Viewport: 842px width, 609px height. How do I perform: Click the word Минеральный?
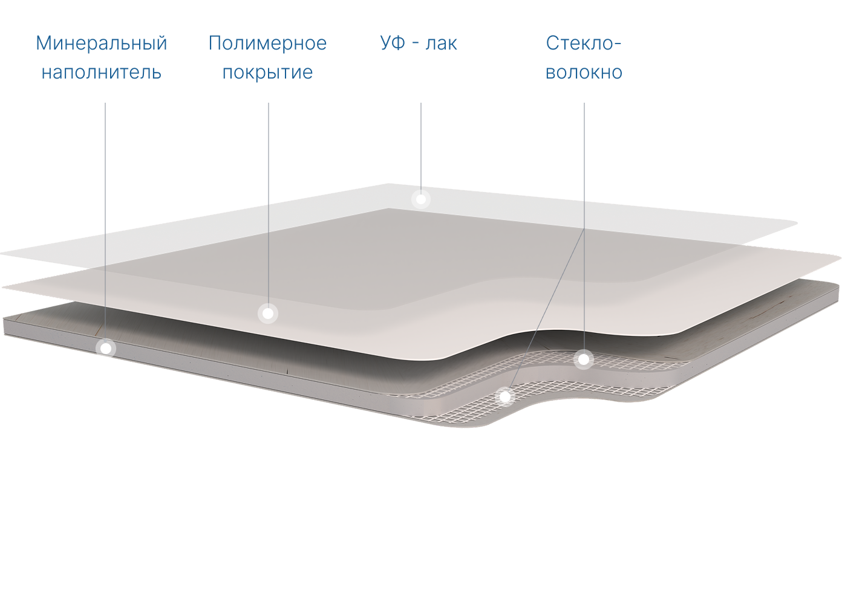[101, 43]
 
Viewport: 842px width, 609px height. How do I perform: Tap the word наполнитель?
[101, 72]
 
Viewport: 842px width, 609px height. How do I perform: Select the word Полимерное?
[267, 43]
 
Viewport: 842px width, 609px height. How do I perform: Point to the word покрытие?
[267, 72]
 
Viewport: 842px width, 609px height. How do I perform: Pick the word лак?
[441, 43]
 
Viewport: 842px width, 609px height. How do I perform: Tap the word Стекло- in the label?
[584, 43]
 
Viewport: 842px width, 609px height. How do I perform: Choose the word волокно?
[584, 72]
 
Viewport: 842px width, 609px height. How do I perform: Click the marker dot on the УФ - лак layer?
[420, 199]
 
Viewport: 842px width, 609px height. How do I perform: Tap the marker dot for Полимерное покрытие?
[267, 313]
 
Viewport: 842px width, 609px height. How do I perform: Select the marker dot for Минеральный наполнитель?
[106, 348]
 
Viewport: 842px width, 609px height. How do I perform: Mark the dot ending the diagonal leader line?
[504, 397]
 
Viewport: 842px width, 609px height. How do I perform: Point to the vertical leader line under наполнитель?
[105, 181]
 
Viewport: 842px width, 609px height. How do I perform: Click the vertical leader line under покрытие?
[268, 181]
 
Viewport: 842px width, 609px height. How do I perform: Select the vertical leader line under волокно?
[584, 169]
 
